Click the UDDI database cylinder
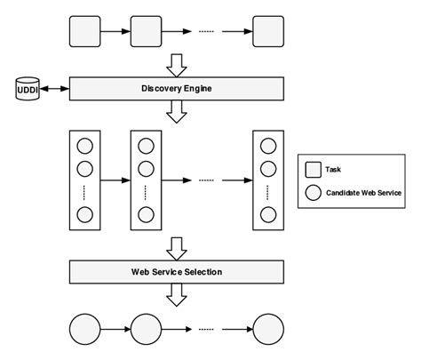click(x=26, y=89)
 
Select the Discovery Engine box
click(x=176, y=89)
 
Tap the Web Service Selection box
click(x=176, y=271)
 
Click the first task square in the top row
click(x=85, y=31)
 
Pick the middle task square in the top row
click(x=146, y=31)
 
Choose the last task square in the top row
click(x=268, y=31)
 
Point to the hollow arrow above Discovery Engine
click(x=176, y=65)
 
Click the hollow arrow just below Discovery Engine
click(x=176, y=112)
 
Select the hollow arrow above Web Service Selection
click(x=176, y=247)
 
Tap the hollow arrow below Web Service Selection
click(x=176, y=294)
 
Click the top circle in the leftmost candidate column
click(x=85, y=146)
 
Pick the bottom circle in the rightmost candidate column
click(x=268, y=213)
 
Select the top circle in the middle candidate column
click(x=146, y=146)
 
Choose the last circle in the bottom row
click(x=268, y=329)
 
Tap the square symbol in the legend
click(x=314, y=169)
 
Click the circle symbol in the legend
click(x=314, y=192)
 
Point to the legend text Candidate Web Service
click(x=364, y=192)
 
